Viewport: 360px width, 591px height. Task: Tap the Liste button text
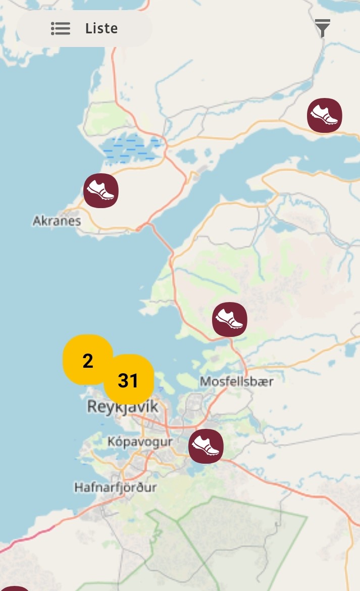[101, 28]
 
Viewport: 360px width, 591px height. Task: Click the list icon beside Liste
[61, 28]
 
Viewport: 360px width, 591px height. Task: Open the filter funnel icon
[323, 28]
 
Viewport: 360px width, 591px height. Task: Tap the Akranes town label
[57, 221]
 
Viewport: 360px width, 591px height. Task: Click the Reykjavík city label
[123, 407]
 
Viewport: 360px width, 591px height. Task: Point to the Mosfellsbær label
[237, 381]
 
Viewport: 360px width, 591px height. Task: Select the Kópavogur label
[140, 441]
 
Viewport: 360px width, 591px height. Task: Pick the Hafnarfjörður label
[116, 487]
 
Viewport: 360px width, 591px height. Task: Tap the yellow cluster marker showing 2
[87, 361]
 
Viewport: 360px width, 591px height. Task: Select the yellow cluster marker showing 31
[128, 380]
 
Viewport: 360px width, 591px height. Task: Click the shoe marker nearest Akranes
[101, 190]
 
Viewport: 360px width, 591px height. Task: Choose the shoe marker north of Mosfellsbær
[230, 319]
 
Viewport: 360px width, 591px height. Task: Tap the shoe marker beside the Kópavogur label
[206, 446]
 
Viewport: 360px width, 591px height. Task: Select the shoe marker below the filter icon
[325, 116]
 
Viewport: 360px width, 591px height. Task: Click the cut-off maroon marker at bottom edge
[15, 588]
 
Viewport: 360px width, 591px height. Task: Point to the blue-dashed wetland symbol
[130, 147]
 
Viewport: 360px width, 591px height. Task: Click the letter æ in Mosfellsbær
[264, 381]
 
